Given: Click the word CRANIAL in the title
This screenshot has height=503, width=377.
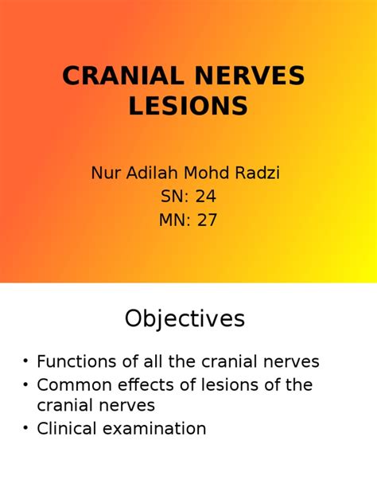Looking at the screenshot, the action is tap(123, 76).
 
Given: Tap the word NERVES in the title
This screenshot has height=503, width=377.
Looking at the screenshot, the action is tap(250, 76).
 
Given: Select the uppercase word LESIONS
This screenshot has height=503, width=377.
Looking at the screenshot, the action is tap(188, 106).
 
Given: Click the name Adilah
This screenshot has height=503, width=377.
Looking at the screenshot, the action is tap(152, 173).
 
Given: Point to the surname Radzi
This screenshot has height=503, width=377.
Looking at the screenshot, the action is tap(258, 173).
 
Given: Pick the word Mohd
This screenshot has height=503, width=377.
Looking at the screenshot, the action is tap(207, 173).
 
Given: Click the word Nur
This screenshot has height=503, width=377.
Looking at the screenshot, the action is tap(106, 173).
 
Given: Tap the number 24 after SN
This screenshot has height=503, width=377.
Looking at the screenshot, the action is tap(206, 197).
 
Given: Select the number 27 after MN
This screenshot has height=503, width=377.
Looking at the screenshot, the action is tap(207, 220).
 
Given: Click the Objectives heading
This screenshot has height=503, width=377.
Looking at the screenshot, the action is tap(185, 318).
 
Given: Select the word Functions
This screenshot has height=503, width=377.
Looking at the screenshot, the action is tap(76, 361).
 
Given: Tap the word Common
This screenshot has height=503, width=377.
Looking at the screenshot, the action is tap(75, 384).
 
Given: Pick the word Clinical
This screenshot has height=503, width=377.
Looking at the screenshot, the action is tap(67, 428).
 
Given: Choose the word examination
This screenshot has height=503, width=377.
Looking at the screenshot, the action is tap(154, 428).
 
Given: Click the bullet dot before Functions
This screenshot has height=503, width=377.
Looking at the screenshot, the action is tap(25, 361).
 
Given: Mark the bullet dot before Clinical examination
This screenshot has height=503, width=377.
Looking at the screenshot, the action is tap(25, 428).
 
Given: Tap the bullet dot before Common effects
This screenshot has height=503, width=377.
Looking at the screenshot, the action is tap(25, 385).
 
